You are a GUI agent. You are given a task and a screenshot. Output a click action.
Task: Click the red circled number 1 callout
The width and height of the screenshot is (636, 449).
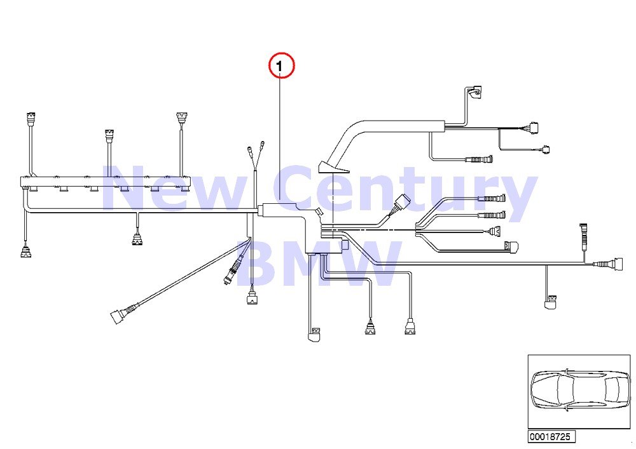coord(282,66)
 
